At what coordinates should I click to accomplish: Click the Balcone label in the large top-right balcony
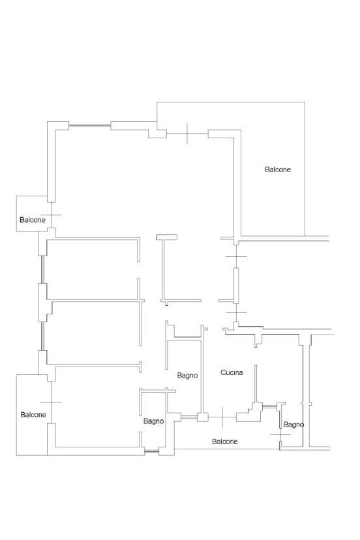coord(278,170)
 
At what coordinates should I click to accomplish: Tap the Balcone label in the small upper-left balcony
coord(33,220)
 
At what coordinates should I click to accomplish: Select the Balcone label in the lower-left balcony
coord(33,415)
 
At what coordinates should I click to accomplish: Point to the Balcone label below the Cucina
coord(225,442)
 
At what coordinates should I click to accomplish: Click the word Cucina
coord(232,373)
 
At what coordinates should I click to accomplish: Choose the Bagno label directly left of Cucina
coord(187,375)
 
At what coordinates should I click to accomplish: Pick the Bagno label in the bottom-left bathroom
coord(153,421)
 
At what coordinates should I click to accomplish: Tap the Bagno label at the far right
coord(293,425)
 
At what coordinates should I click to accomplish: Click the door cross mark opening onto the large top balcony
coord(187,134)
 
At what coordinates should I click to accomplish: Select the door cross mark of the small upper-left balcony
coord(51,215)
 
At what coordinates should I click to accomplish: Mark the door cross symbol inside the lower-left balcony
coord(51,402)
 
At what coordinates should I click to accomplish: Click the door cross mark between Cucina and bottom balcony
coord(223,415)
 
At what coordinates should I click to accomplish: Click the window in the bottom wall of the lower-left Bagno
coord(151,451)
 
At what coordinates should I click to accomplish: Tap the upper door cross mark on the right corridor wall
coord(235,257)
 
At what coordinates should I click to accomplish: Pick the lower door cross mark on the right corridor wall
coord(235,312)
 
